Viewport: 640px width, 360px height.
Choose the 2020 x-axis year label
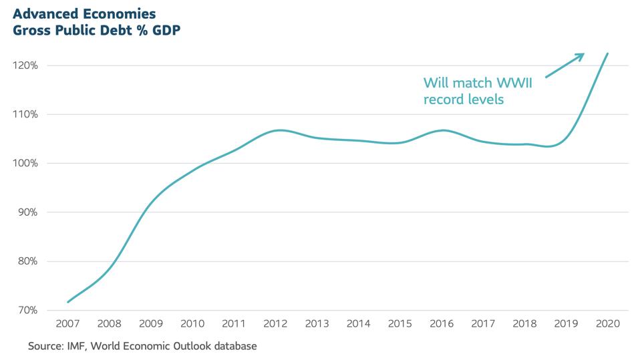pos(607,323)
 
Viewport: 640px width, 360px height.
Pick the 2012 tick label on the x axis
pos(275,323)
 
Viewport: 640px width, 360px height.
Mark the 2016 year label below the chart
pos(441,323)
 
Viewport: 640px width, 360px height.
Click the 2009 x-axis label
pos(150,323)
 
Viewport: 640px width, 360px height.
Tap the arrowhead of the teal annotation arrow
pos(581,56)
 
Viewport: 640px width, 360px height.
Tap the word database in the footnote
pos(233,347)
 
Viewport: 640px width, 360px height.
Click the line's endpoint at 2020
pos(607,53)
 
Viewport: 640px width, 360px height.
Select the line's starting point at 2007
pos(67,302)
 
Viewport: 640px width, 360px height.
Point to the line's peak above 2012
pos(279,130)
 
